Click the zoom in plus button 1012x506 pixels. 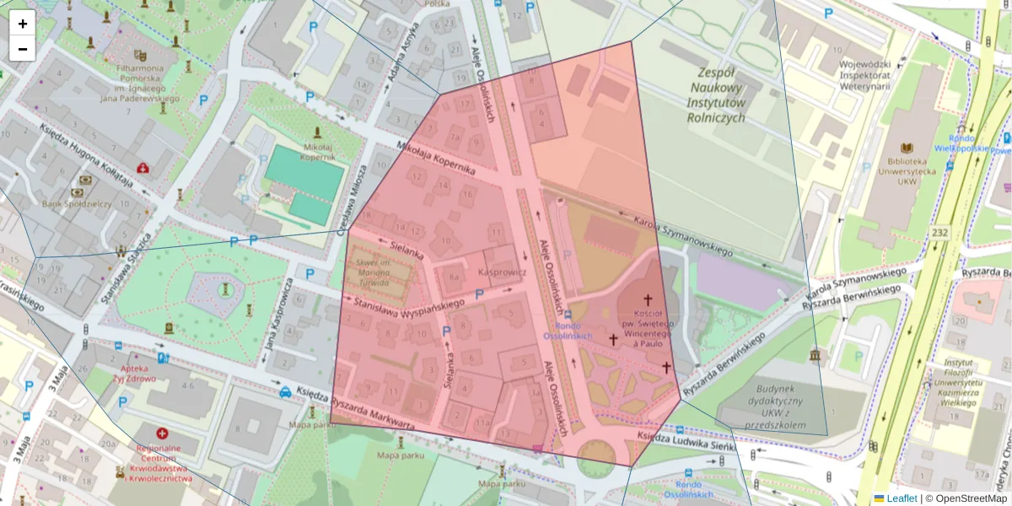23,24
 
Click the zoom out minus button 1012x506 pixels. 23,49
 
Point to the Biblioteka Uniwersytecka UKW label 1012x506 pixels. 907,170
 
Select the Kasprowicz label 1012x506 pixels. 502,273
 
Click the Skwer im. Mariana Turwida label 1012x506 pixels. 381,272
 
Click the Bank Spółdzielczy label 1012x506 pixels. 77,203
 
